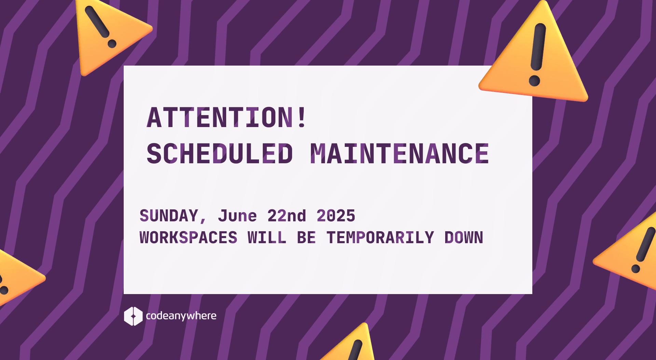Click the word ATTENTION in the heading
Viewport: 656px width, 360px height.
click(x=220, y=117)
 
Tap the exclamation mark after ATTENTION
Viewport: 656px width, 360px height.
click(x=302, y=117)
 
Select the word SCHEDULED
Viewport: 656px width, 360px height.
click(x=220, y=154)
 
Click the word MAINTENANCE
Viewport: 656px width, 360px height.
click(x=399, y=154)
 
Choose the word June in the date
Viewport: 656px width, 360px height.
click(x=237, y=216)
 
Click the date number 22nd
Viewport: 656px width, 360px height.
click(x=286, y=216)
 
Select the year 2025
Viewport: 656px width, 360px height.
click(x=336, y=216)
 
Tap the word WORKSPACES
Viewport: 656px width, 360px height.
click(x=188, y=238)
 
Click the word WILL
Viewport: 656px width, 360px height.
click(x=267, y=238)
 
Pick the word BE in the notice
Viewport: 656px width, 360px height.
click(x=306, y=238)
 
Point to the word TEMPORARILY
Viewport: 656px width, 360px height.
click(x=380, y=238)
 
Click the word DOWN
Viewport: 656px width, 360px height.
click(x=464, y=238)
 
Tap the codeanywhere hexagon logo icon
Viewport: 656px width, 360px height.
click(x=133, y=316)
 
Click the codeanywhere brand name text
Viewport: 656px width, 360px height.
click(x=181, y=316)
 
